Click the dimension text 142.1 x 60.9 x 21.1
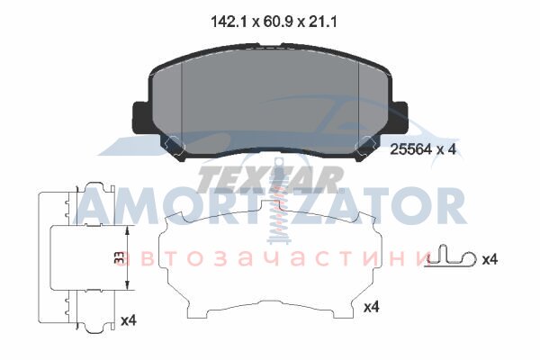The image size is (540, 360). (x=274, y=22)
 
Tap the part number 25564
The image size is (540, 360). (x=410, y=149)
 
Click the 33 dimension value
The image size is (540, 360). (x=119, y=257)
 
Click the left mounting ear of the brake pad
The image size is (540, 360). (x=140, y=118)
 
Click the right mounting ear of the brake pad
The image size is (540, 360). (x=399, y=118)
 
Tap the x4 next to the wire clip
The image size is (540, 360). (x=490, y=259)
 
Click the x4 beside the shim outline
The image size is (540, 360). (x=371, y=307)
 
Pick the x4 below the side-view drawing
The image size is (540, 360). (x=129, y=320)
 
